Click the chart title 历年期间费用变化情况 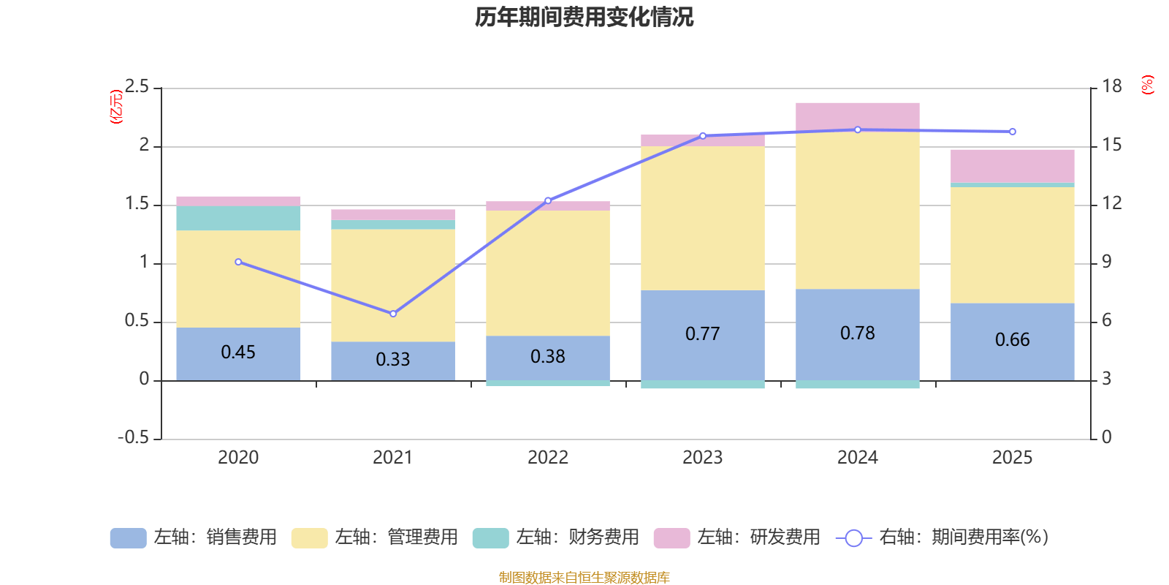(x=584, y=17)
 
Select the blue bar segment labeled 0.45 (x=238, y=353)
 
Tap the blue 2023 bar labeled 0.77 (x=702, y=334)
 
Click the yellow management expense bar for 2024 (x=857, y=211)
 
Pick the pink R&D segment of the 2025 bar (x=1012, y=166)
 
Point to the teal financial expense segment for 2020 (x=238, y=218)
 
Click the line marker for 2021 (x=393, y=314)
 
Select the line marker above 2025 (x=1012, y=132)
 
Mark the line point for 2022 (x=548, y=200)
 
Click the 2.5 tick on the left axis (x=137, y=88)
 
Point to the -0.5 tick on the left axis (x=134, y=438)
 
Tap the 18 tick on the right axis (x=1112, y=87)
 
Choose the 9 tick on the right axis (x=1107, y=263)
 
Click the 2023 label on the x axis (x=702, y=458)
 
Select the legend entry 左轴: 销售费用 (x=194, y=537)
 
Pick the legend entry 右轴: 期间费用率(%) (x=943, y=537)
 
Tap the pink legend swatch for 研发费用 (x=671, y=538)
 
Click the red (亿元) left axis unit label (x=115, y=107)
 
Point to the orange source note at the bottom (x=584, y=578)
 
